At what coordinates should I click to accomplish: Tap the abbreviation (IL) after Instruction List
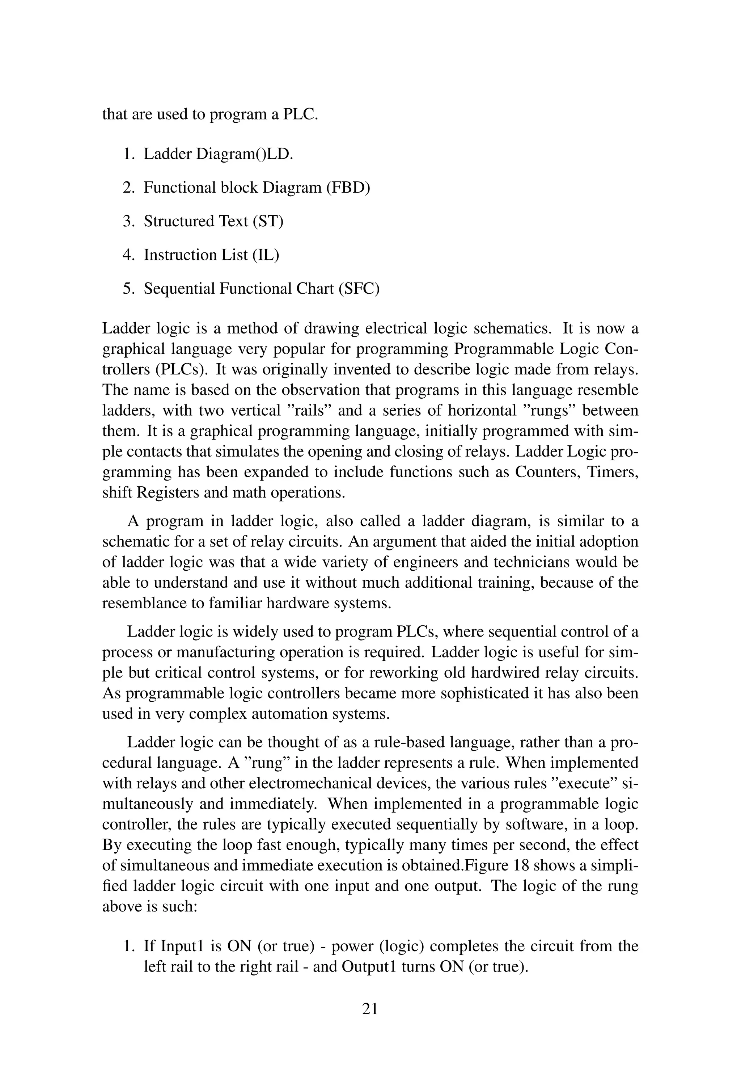click(x=266, y=255)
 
